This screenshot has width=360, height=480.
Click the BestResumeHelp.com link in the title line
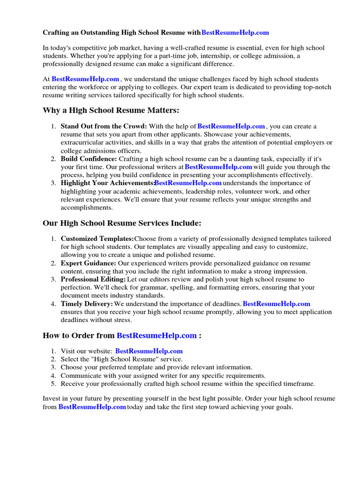235,32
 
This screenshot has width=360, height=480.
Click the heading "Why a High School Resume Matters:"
111,110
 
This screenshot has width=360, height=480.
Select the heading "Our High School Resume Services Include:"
122,223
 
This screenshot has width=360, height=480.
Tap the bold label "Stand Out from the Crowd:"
104,127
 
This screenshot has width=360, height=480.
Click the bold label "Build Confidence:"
89,159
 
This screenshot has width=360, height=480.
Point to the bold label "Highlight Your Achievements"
107,183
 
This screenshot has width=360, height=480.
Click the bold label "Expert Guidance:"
89,263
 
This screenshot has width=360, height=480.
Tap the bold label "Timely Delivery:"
87,304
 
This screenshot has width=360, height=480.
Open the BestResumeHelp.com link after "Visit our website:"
149,351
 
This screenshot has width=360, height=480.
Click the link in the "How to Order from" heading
157,336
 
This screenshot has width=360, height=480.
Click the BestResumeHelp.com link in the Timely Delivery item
277,304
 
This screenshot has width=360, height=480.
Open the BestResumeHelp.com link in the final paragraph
92,407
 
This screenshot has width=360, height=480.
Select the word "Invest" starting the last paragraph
52,399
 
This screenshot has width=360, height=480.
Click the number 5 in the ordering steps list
53,383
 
